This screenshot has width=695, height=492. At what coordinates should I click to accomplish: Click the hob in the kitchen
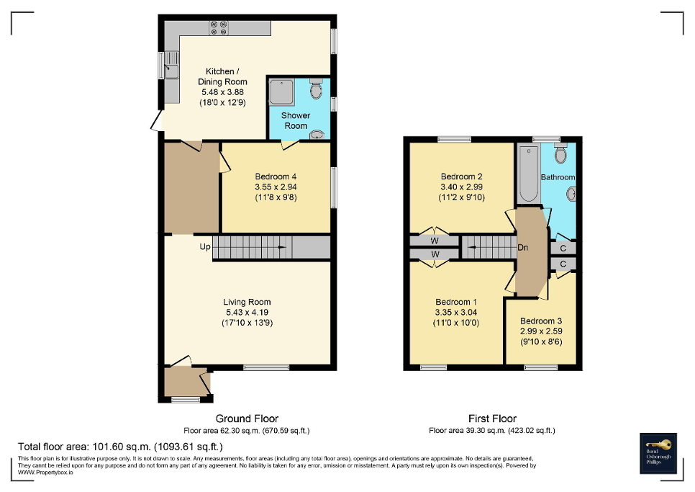218,27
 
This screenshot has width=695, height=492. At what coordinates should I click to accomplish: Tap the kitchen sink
171,71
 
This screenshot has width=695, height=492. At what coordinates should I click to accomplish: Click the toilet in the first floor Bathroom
561,153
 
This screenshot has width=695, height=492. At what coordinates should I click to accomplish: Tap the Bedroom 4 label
276,176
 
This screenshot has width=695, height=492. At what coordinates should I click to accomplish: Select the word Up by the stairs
205,247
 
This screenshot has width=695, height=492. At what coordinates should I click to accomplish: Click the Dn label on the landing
524,247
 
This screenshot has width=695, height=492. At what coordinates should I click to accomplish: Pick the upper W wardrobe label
435,241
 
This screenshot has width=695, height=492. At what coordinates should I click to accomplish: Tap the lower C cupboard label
563,264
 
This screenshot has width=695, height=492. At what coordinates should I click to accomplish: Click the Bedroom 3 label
540,321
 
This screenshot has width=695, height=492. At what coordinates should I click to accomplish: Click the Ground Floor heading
247,419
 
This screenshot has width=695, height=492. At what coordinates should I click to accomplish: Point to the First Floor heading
491,419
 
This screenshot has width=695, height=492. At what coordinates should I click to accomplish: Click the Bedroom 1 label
455,302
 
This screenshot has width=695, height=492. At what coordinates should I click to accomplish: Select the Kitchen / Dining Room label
223,76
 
